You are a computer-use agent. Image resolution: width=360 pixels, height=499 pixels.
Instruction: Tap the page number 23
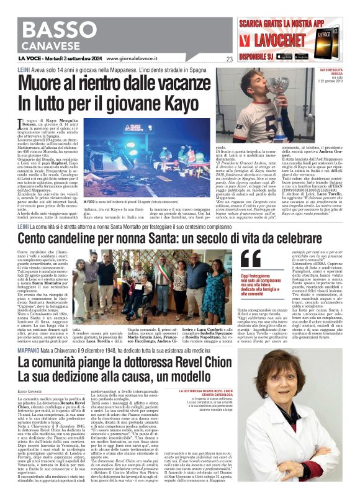coord(229,59)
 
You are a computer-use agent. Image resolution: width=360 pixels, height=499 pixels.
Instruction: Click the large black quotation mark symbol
coord(251,259)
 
